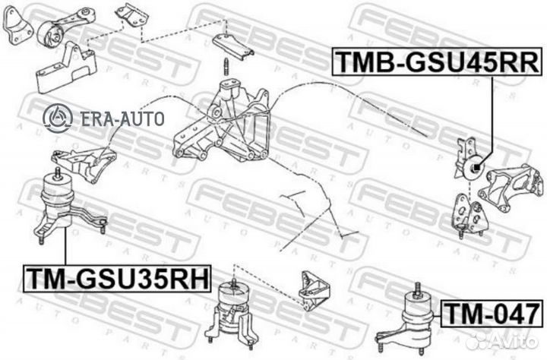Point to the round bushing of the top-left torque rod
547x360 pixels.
pos(54,33)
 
